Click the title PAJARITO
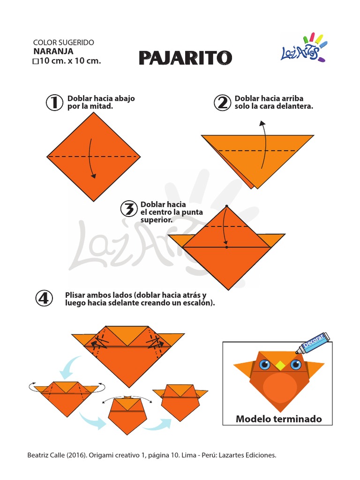coord(185,58)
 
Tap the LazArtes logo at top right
coord(303,48)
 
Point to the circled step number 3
coord(128,209)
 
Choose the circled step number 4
coord(45,298)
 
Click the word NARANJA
coord(53,51)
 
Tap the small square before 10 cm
coord(35,61)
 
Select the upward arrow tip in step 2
coord(262,123)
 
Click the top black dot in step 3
coord(226,206)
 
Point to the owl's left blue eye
coord(264,364)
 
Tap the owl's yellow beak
coord(280,364)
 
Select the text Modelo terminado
coord(278,419)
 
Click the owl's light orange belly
coord(279,387)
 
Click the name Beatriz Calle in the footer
coord(45,455)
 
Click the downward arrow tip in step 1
coord(94,177)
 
